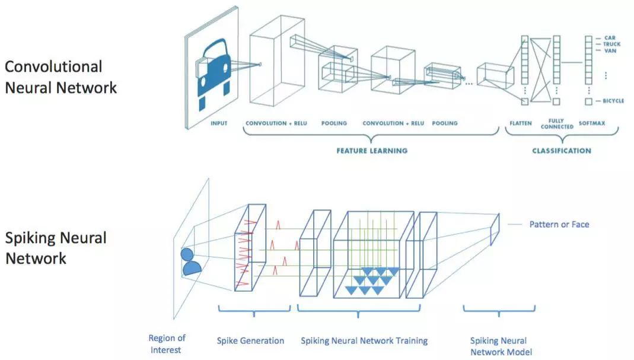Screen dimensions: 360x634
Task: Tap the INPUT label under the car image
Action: [219, 123]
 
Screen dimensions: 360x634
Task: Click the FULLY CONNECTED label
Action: [557, 124]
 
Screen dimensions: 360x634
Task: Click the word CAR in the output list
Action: [610, 38]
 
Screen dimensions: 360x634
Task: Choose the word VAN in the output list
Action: [610, 51]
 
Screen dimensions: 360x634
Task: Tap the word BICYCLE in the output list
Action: [614, 101]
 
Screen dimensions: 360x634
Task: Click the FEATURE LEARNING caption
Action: [372, 151]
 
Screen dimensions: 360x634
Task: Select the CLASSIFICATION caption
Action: [561, 151]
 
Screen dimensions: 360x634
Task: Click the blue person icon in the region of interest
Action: [190, 262]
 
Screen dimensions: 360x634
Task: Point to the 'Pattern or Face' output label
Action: [559, 224]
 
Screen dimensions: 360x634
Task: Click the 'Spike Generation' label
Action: [250, 340]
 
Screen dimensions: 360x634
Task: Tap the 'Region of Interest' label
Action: [167, 344]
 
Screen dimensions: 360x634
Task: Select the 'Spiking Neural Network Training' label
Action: [364, 340]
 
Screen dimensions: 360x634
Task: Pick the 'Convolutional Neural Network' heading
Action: [61, 77]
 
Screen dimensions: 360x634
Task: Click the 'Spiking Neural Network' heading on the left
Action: [56, 248]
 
